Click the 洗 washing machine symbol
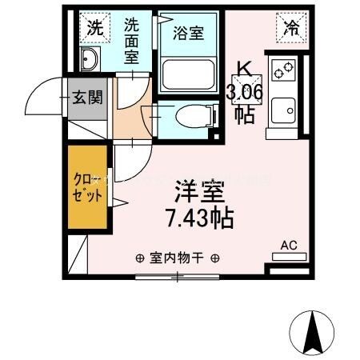[94, 26]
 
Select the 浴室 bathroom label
[189, 33]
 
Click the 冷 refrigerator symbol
[292, 28]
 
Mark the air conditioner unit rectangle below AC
[289, 257]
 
